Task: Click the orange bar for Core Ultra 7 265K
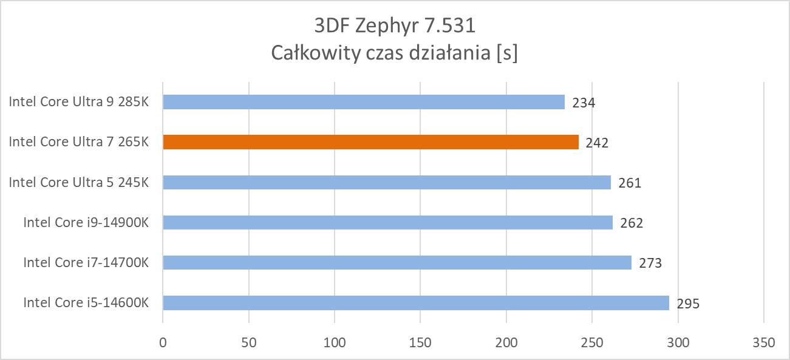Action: [370, 142]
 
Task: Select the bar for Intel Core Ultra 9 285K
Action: [363, 102]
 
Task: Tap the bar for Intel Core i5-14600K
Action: [415, 302]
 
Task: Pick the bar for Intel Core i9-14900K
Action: [387, 222]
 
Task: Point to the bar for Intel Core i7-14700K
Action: [397, 262]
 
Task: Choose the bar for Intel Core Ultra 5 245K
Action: [386, 182]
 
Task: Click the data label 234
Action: [584, 103]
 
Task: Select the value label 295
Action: [688, 304]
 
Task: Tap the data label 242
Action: [597, 143]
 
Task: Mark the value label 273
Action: [650, 263]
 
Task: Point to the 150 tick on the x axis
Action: [420, 342]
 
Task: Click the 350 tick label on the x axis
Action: [763, 342]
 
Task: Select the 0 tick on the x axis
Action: [163, 342]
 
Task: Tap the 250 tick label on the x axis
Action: [592, 342]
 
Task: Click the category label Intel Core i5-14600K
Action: [86, 302]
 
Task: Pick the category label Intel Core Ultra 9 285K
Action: [78, 102]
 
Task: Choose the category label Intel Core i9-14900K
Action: [86, 222]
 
